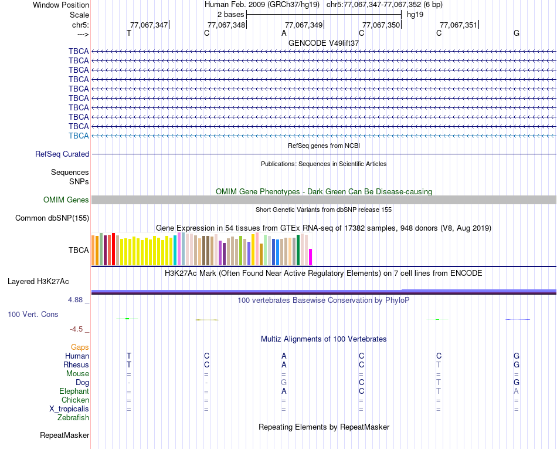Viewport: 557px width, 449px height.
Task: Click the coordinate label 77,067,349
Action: tap(303, 25)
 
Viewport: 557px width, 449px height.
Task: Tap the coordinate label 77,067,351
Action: tap(458, 25)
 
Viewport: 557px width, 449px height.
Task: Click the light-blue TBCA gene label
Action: tap(79, 136)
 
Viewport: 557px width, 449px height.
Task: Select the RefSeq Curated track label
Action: tap(62, 154)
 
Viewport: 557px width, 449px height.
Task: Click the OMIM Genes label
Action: tap(66, 200)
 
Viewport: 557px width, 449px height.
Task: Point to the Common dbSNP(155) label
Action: tap(52, 218)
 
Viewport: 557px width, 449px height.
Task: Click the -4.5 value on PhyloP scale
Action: tap(79, 329)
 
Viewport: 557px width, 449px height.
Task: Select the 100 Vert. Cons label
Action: tap(33, 315)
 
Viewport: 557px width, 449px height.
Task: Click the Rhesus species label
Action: tap(76, 364)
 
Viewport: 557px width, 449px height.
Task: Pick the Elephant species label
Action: tap(74, 391)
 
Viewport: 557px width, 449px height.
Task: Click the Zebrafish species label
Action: tap(73, 417)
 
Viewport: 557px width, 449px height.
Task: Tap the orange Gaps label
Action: tap(80, 347)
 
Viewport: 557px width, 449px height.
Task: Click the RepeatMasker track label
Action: tap(64, 436)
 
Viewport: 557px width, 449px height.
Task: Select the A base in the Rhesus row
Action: tap(284, 364)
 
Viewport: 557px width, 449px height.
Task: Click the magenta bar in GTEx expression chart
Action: tap(311, 257)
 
